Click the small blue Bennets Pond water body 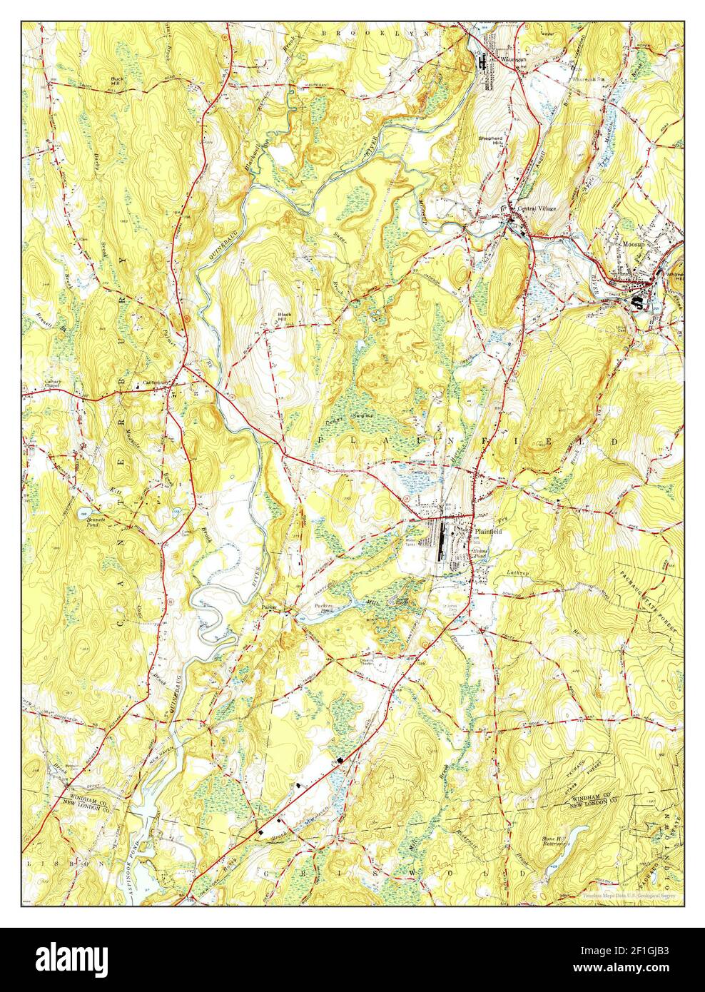point(84,513)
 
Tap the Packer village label point(268,607)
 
